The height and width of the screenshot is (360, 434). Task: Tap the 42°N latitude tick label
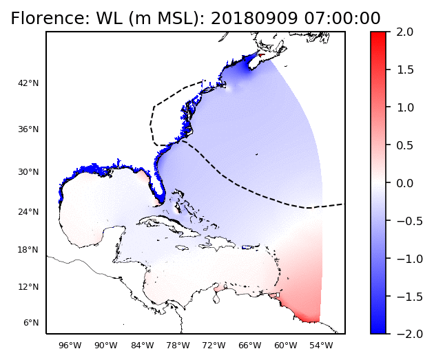(x=29, y=83)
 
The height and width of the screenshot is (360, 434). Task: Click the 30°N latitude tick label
(x=29, y=172)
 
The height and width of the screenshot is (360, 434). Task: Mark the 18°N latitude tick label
(x=29, y=250)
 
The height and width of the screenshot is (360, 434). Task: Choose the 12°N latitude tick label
(x=29, y=286)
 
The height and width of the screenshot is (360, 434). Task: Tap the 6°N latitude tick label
(x=31, y=323)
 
